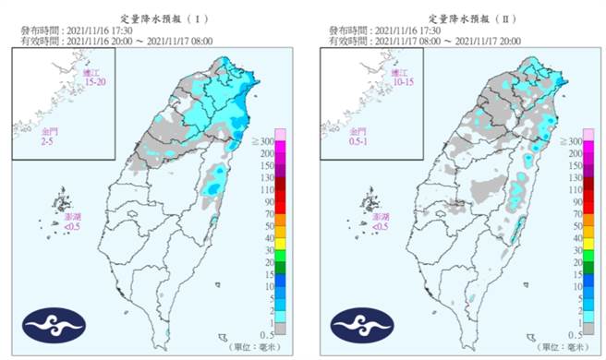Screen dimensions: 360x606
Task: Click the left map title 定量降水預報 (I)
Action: pos(152,17)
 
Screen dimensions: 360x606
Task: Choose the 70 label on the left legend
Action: pos(267,213)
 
